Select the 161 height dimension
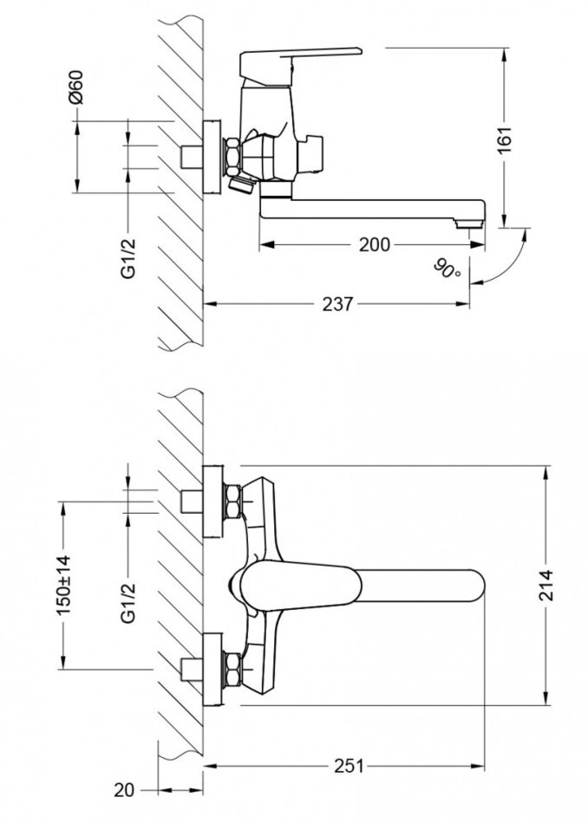[x=506, y=138]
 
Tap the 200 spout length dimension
[x=374, y=245]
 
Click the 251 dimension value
[x=349, y=766]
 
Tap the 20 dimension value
[x=126, y=790]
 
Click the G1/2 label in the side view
[x=128, y=257]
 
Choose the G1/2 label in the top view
[x=128, y=606]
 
